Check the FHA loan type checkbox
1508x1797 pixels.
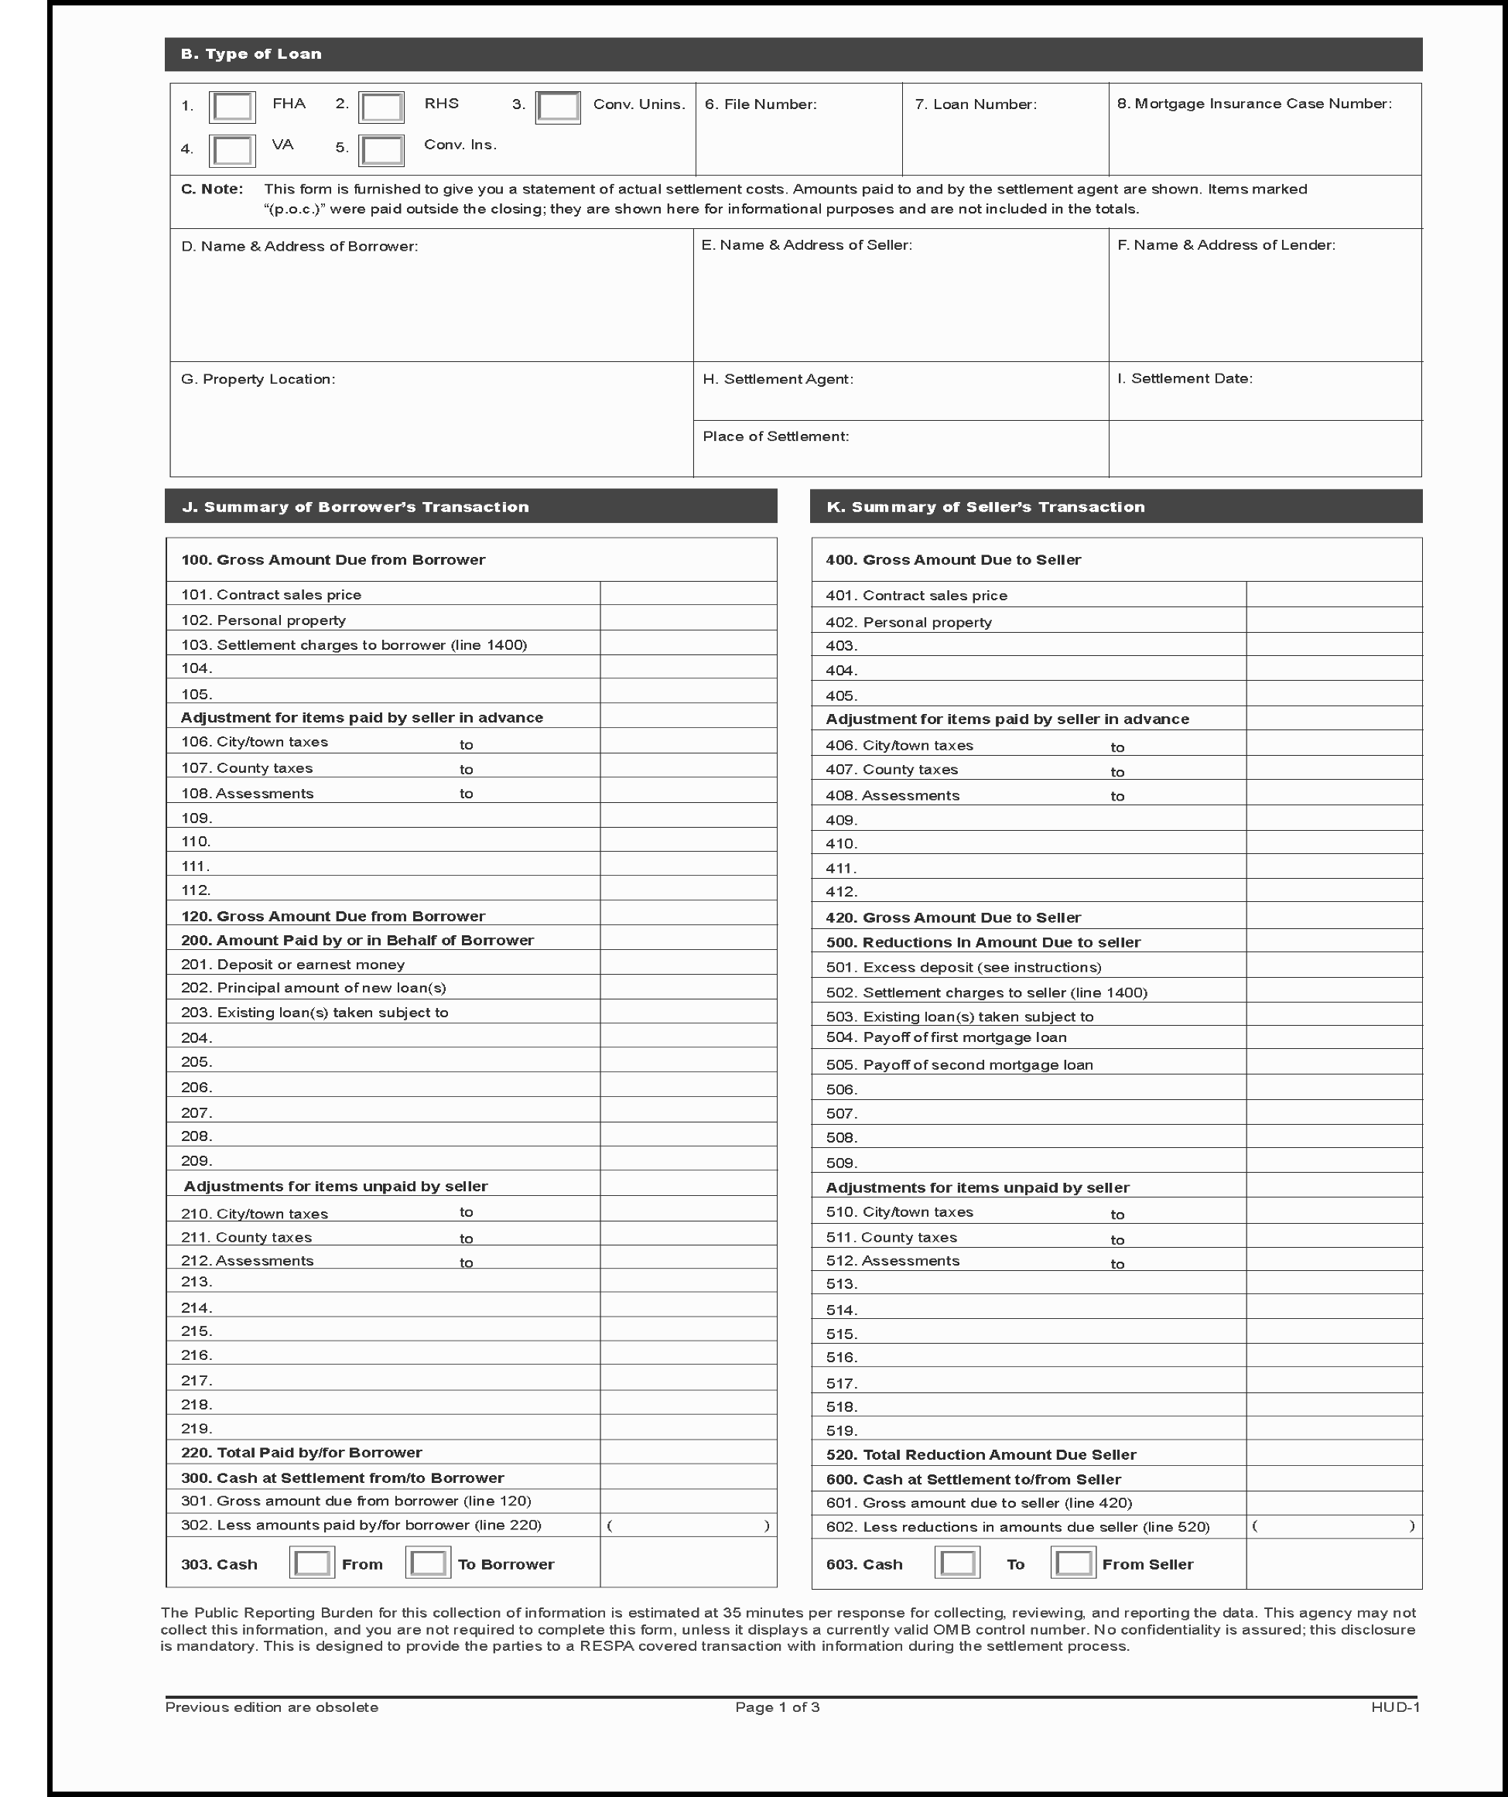coord(232,107)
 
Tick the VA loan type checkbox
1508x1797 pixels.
coord(232,151)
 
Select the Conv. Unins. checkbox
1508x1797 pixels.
coord(558,107)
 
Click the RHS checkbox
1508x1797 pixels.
coord(381,107)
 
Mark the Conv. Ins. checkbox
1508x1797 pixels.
coord(381,151)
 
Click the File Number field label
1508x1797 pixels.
coord(760,104)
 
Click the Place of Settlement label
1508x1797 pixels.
coord(775,436)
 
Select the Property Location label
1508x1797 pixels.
coord(258,379)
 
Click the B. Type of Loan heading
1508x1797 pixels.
coord(251,54)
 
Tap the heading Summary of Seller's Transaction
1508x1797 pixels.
coord(985,507)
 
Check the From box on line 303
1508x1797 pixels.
coord(312,1563)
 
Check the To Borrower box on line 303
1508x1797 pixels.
coord(428,1563)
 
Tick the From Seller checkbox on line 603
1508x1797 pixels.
coord(1073,1563)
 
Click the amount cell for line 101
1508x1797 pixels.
coord(688,594)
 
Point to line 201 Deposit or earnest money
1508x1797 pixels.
coord(292,965)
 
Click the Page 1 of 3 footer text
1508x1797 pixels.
coord(777,1707)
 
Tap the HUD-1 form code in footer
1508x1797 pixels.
coord(1395,1707)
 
